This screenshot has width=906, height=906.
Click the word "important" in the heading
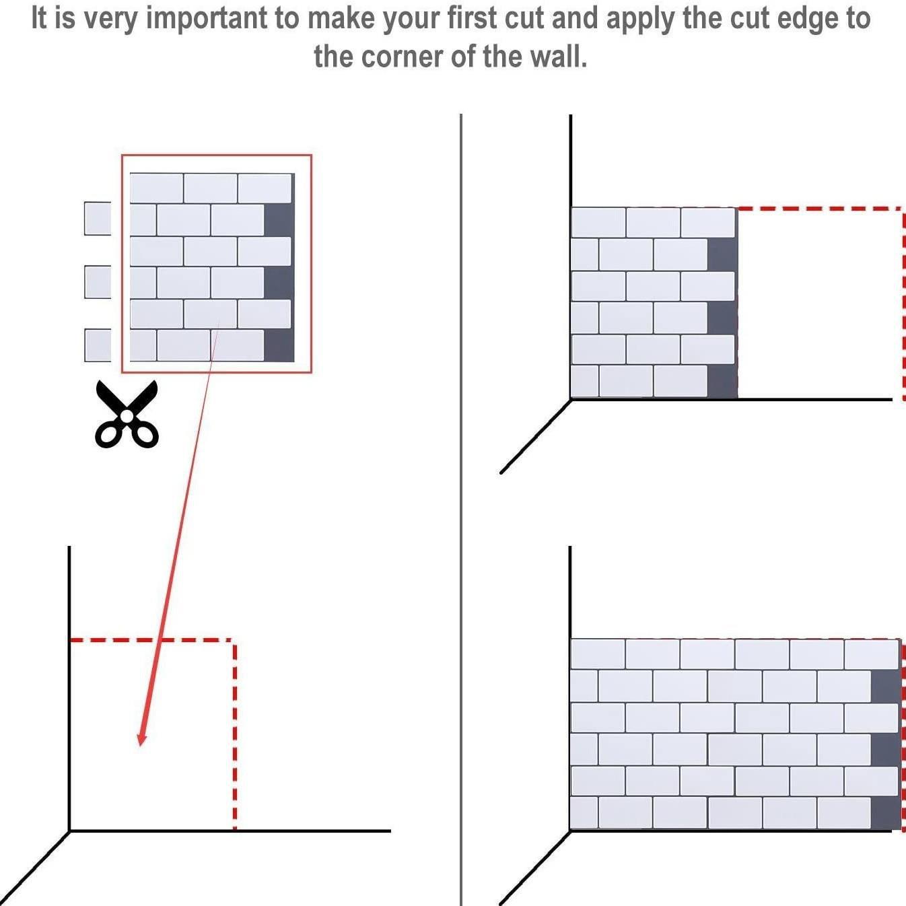click(206, 18)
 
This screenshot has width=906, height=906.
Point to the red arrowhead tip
click(141, 744)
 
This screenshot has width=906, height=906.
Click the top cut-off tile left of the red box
click(98, 218)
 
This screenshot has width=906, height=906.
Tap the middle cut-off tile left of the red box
click(98, 282)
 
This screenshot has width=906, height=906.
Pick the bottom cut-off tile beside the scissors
click(98, 345)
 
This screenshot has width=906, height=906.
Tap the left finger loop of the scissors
click(108, 434)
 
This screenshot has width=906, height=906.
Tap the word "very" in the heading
click(108, 18)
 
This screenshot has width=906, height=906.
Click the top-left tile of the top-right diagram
click(598, 222)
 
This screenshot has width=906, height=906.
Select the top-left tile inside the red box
click(156, 188)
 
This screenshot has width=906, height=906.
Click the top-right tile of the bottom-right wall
click(872, 654)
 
